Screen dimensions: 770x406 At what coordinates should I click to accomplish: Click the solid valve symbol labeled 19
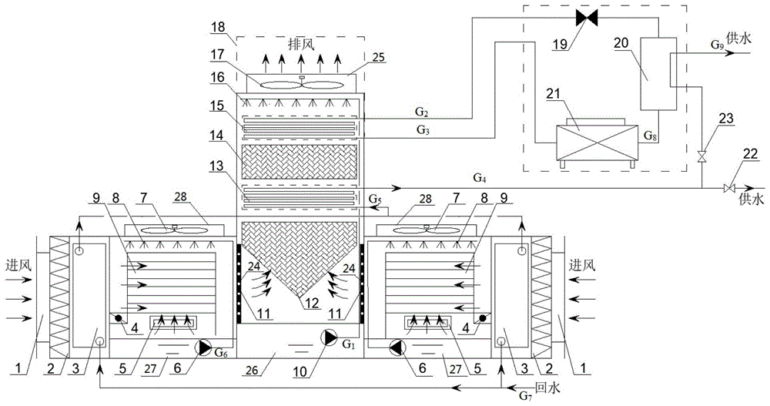[x=586, y=18]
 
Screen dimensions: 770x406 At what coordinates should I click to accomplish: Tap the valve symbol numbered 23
[x=702, y=157]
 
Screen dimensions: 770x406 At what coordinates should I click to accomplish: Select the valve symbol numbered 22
[x=729, y=188]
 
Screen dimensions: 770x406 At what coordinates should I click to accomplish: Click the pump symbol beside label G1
[x=328, y=337]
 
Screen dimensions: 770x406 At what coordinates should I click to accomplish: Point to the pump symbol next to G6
[x=203, y=347]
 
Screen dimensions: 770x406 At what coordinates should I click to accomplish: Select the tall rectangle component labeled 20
[x=658, y=73]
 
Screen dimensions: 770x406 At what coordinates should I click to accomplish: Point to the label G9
[x=717, y=44]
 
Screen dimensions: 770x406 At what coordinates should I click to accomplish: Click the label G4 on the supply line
[x=479, y=177]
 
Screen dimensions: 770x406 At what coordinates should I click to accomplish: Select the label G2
[x=422, y=112]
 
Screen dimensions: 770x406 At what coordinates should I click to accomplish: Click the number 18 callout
[x=219, y=26]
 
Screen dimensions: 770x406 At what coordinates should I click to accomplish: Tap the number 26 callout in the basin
[x=252, y=369]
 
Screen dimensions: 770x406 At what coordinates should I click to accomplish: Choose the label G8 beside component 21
[x=650, y=136]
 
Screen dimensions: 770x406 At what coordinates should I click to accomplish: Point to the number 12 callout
[x=312, y=304]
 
